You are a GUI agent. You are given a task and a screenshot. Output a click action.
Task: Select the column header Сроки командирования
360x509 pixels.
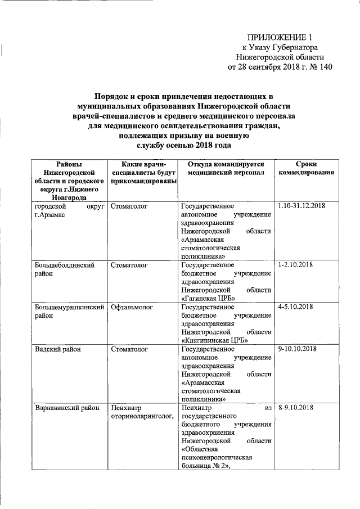tap(307, 168)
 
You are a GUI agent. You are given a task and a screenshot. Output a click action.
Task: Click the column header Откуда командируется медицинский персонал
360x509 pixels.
tap(226, 168)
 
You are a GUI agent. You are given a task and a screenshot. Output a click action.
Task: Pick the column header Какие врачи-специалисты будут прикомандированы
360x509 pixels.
tap(143, 173)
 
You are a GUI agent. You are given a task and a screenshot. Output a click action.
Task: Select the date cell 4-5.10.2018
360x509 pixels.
tap(295, 307)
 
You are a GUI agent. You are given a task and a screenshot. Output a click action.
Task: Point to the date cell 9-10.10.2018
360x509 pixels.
tap(298, 349)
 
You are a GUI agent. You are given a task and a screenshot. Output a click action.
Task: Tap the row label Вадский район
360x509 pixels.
tap(58, 349)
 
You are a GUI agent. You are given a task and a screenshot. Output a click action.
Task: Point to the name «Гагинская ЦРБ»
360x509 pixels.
tap(209, 298)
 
